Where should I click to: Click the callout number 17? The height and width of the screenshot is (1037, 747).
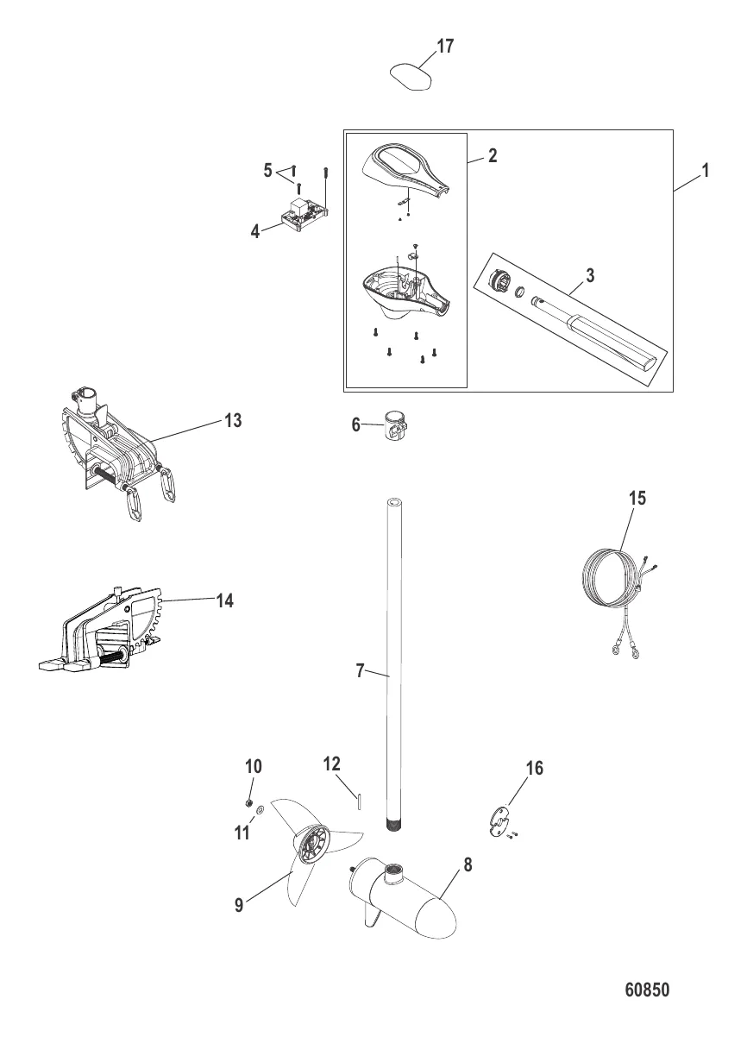[445, 47]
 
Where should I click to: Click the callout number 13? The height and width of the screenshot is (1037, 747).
[233, 420]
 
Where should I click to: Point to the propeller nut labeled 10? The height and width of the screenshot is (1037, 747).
[248, 802]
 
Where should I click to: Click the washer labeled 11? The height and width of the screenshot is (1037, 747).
[260, 810]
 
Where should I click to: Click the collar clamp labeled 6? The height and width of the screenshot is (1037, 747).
[396, 424]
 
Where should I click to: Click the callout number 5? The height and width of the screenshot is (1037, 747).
[268, 170]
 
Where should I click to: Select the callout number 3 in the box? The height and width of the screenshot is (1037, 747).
[590, 275]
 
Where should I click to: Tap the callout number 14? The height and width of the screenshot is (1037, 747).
[225, 600]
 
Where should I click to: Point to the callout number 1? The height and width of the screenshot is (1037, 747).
[706, 171]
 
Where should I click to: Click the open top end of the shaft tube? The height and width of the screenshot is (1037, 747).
[395, 503]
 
